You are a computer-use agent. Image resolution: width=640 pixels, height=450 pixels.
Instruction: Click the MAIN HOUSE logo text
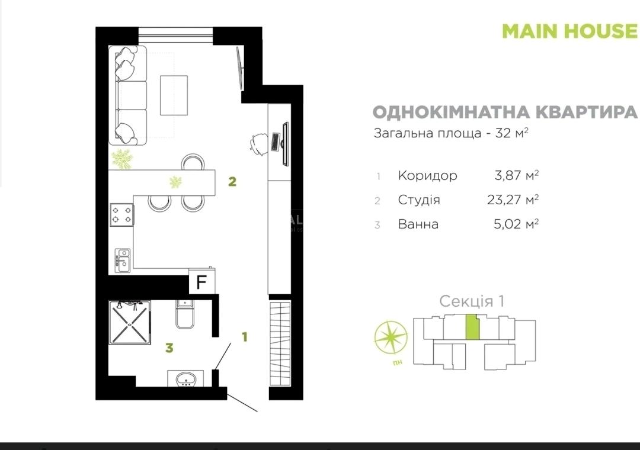tap(570, 31)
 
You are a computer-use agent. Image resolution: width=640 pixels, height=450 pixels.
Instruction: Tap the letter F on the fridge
tap(201, 282)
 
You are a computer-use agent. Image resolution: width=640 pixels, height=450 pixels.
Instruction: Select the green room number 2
tap(232, 182)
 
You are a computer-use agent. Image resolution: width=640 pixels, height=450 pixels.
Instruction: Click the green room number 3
tap(169, 348)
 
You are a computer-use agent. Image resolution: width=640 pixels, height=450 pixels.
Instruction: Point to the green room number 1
tap(245, 337)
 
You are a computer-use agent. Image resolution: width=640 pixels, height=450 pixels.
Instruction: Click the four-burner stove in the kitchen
tap(121, 214)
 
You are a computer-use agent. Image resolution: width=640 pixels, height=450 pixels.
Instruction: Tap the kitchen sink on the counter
tap(123, 260)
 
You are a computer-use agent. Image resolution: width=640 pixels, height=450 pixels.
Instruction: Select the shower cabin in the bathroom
tap(130, 322)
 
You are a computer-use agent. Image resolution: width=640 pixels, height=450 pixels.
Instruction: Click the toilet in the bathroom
tap(185, 314)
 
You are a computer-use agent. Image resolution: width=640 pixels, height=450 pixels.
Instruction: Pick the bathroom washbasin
tap(186, 378)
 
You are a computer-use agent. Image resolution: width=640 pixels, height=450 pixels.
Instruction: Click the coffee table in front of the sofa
tap(174, 95)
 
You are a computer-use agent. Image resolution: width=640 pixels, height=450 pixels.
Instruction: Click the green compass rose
tap(391, 337)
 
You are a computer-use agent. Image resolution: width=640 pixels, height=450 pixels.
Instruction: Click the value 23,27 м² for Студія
tap(513, 200)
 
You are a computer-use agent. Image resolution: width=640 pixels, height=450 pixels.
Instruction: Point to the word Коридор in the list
tap(427, 175)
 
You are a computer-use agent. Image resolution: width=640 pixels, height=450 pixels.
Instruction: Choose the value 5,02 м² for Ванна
tap(516, 224)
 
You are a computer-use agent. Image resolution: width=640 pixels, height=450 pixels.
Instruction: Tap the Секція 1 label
tap(472, 301)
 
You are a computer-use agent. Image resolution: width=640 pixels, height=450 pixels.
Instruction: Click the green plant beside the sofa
tap(122, 159)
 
